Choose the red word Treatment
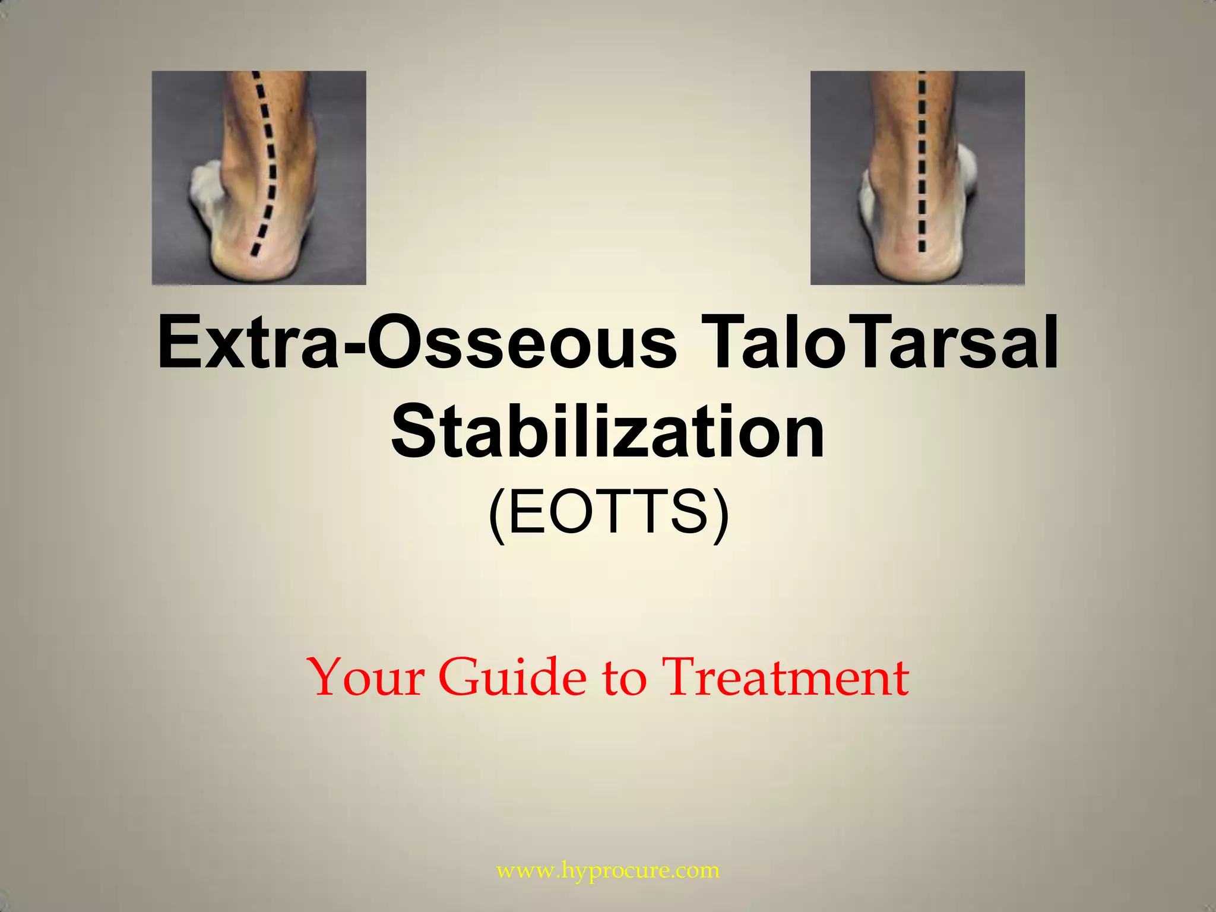(x=785, y=677)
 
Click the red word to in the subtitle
(x=624, y=679)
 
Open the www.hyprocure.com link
(x=608, y=871)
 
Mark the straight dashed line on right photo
(x=921, y=160)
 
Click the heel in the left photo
(x=267, y=258)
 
